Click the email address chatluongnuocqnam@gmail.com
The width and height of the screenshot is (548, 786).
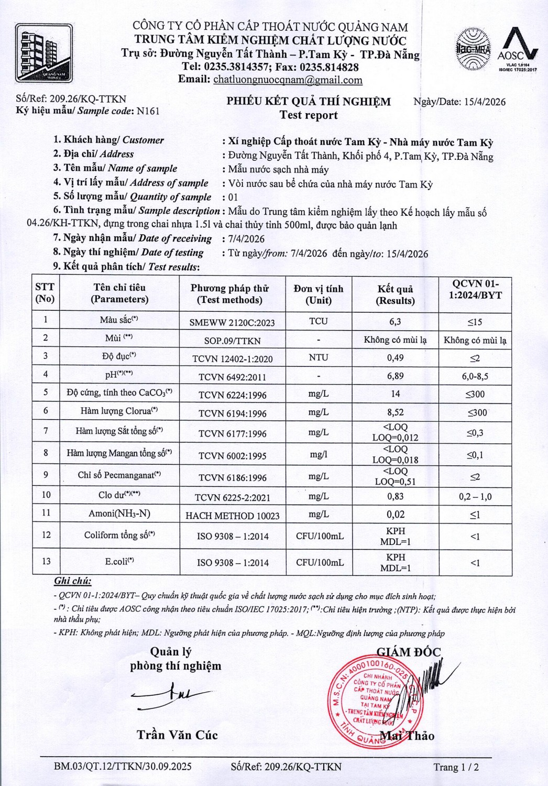tap(288, 80)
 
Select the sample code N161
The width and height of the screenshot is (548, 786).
tap(148, 111)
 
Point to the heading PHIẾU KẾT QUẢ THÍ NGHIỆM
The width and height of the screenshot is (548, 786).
tap(309, 102)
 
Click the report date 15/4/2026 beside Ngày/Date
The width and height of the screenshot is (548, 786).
tap(485, 102)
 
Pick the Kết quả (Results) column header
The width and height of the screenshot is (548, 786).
tap(395, 295)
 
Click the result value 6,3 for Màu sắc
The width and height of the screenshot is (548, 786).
tap(395, 322)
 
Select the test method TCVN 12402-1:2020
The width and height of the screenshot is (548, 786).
tap(232, 359)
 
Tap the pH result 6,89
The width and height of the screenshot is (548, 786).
tap(395, 376)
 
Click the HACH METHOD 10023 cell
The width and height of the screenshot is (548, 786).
tap(232, 516)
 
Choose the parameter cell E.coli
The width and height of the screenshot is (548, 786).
tap(119, 562)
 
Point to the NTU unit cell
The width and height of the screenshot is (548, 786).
tap(318, 357)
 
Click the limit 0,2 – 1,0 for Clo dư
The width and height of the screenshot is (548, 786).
tap(475, 497)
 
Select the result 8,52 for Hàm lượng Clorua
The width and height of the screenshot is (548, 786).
tap(395, 412)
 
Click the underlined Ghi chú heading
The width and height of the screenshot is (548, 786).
tap(72, 581)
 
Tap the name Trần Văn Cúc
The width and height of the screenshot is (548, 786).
tap(177, 735)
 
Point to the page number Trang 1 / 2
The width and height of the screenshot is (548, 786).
tap(456, 767)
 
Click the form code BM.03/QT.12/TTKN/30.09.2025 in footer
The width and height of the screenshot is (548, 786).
tap(123, 767)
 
